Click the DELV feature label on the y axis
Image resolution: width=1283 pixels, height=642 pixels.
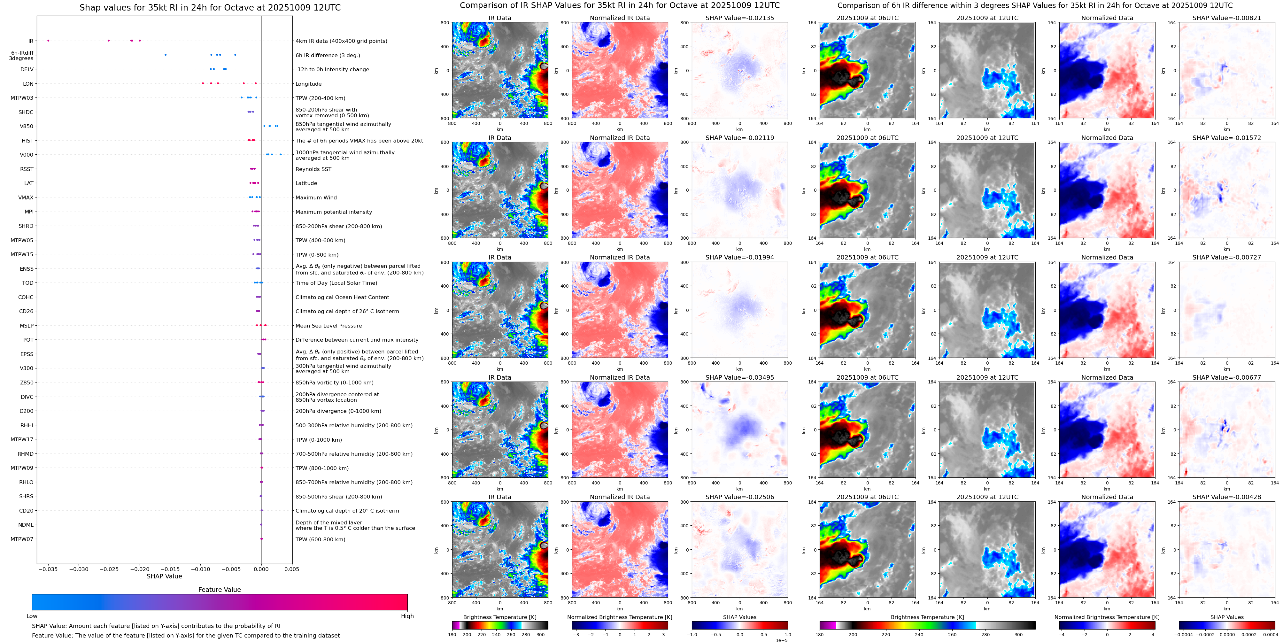(x=27, y=70)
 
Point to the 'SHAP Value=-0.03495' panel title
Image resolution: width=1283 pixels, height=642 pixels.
(x=740, y=377)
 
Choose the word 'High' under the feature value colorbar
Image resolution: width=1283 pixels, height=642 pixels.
(x=407, y=616)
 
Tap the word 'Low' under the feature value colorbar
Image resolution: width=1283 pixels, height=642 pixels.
(x=32, y=616)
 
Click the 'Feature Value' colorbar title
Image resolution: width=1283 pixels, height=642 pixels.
(x=219, y=590)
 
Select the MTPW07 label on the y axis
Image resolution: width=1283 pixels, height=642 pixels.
(x=22, y=539)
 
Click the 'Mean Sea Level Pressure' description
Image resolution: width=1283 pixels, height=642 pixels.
(x=329, y=326)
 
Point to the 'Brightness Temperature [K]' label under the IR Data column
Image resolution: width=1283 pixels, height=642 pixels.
(x=499, y=617)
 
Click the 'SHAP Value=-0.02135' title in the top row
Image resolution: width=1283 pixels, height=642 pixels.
(x=740, y=18)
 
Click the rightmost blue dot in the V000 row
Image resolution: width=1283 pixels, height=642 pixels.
(x=281, y=154)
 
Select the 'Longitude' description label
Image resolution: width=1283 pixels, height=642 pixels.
(x=308, y=84)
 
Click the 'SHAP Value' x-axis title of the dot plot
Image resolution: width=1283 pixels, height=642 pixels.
(x=164, y=576)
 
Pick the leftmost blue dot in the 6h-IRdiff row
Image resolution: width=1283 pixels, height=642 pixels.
(x=165, y=55)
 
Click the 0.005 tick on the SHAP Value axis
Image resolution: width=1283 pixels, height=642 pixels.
(x=292, y=569)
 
